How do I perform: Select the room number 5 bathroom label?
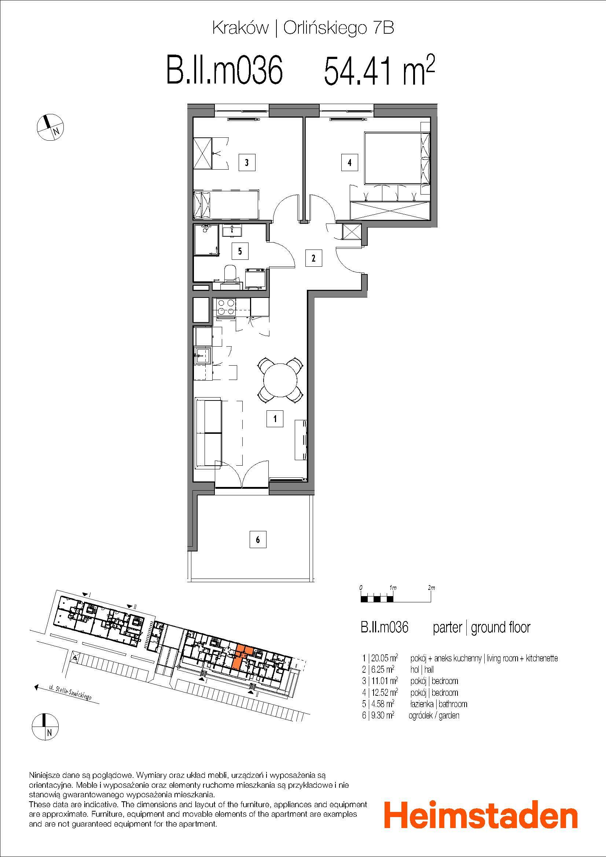240,251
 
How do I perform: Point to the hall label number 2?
314,258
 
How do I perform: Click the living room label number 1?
275,419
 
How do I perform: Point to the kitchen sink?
203,356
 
